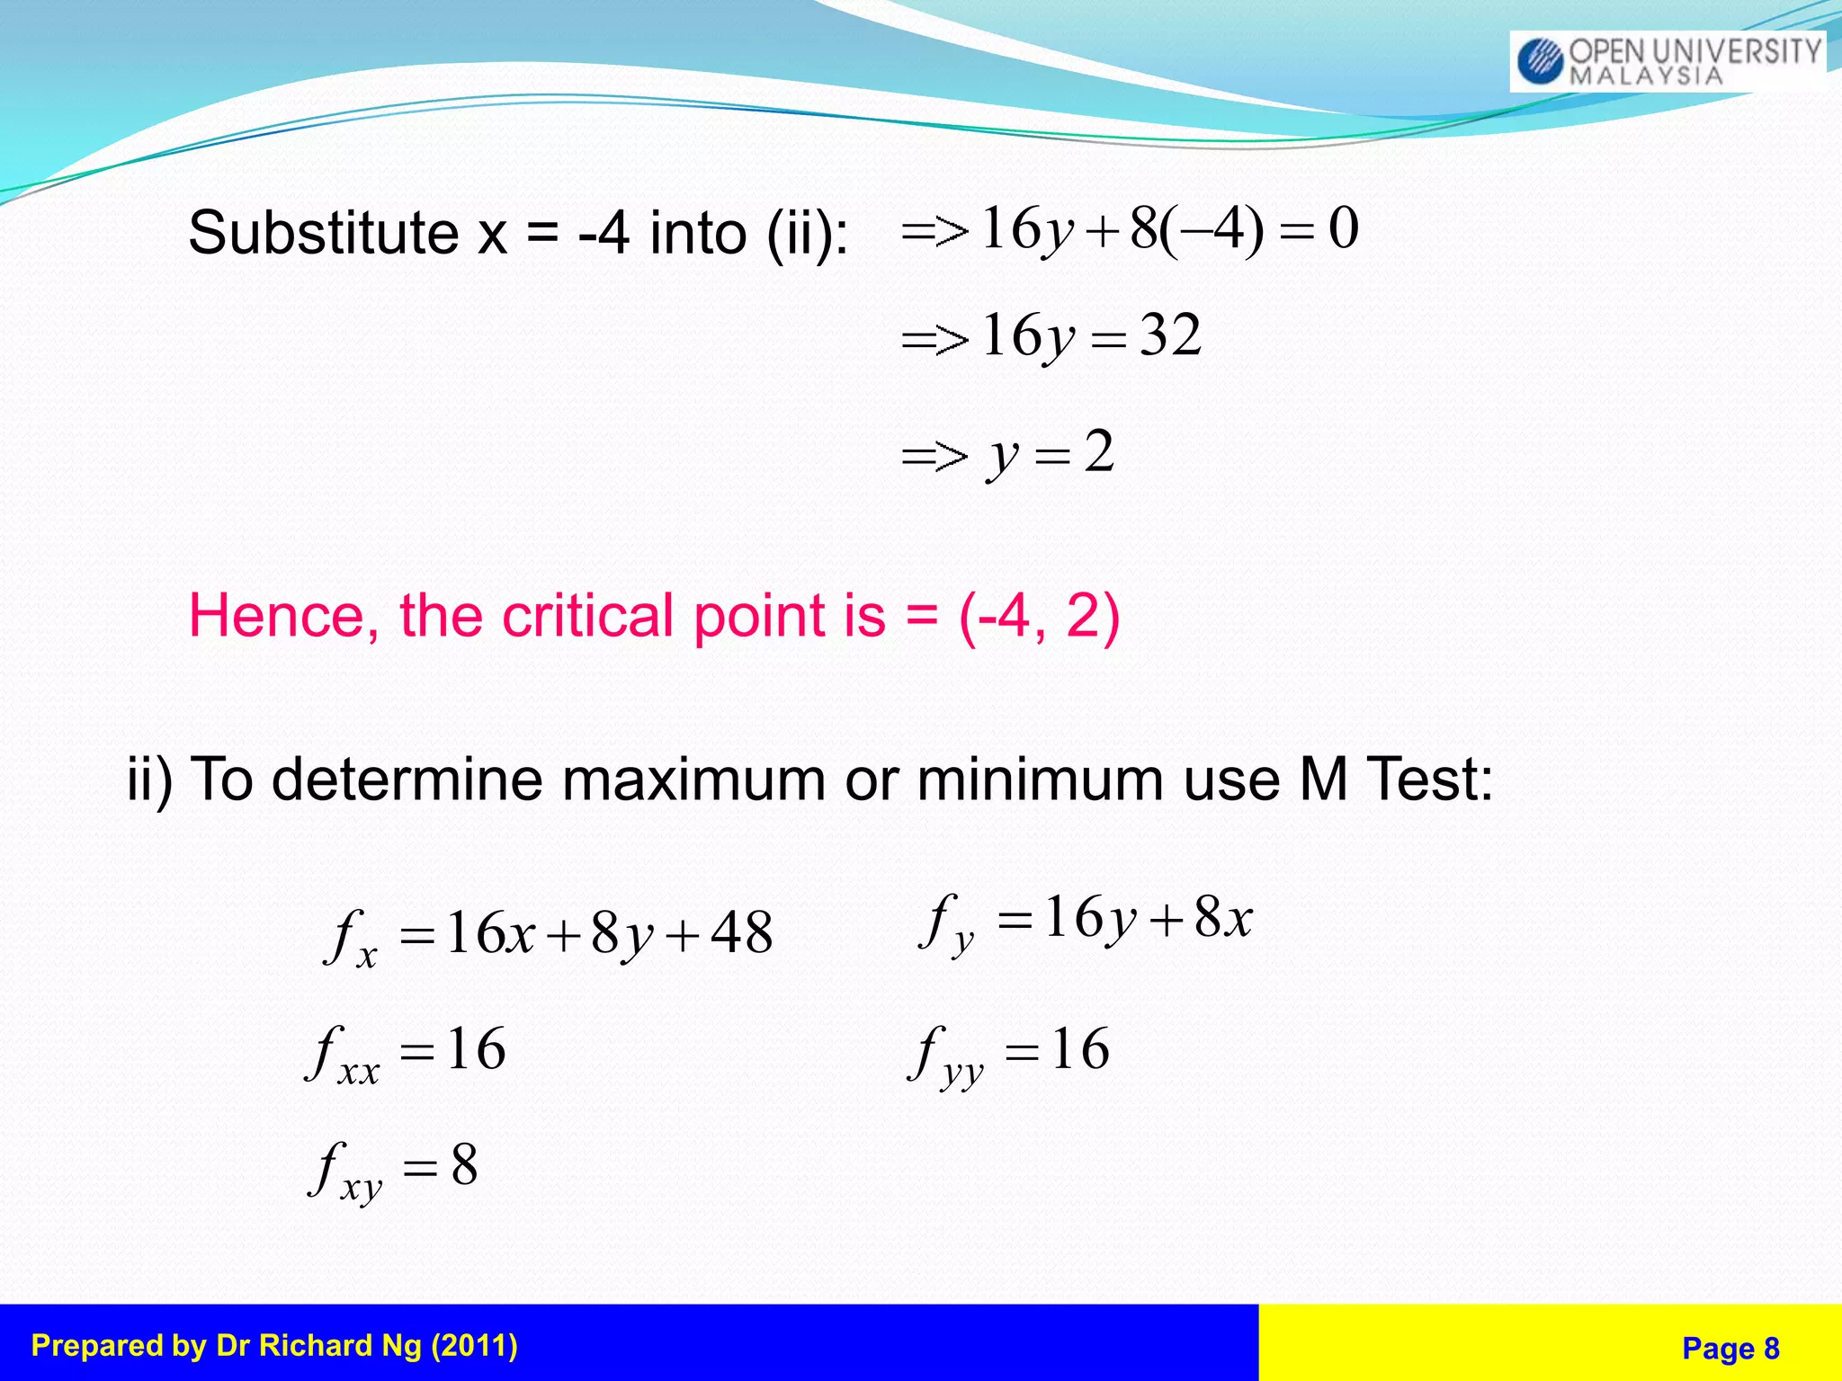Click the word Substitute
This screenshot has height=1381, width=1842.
[324, 233]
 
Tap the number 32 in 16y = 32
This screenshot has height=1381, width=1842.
[1170, 335]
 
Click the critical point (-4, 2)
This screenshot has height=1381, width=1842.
[1040, 616]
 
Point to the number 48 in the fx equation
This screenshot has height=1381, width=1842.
[741, 932]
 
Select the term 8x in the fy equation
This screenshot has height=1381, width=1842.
[1223, 919]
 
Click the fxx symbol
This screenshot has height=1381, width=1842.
[343, 1054]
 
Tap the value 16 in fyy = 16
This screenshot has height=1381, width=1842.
[1080, 1049]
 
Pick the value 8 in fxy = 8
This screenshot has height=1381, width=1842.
[464, 1165]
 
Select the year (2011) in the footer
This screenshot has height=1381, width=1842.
[474, 1345]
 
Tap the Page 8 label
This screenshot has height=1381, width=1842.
[1730, 1348]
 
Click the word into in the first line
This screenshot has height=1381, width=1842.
[698, 233]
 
